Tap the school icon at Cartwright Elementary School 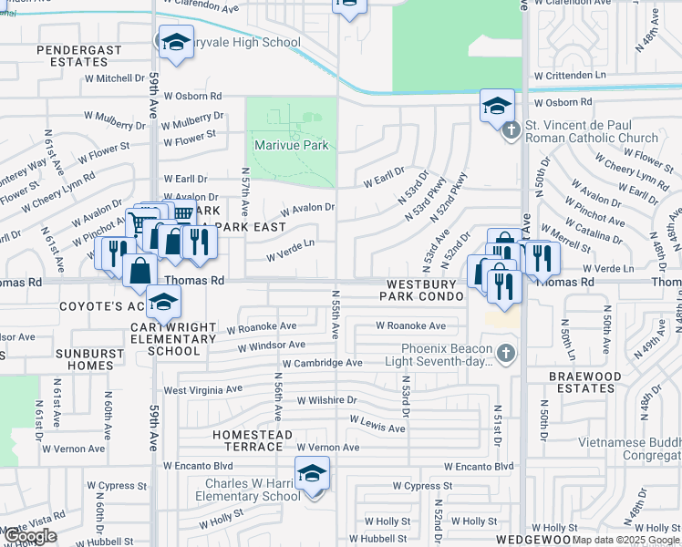tap(163, 302)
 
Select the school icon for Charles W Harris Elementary tap(312, 473)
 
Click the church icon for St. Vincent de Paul tap(511, 130)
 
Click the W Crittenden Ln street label tap(570, 75)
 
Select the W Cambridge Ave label tap(322, 363)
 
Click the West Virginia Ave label tap(202, 390)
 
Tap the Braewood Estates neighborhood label tap(585, 381)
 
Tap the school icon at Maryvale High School tap(176, 42)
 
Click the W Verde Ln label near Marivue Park tap(290, 243)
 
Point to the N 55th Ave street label tap(336, 315)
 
